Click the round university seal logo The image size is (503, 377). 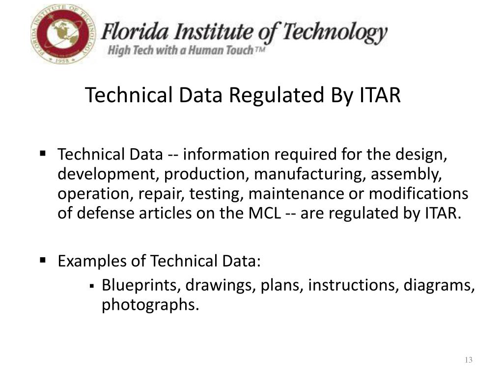tap(64, 34)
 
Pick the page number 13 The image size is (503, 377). tap(468, 360)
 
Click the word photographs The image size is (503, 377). tap(150, 305)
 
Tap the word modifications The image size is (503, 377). tap(419, 194)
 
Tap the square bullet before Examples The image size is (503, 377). tap(43, 259)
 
